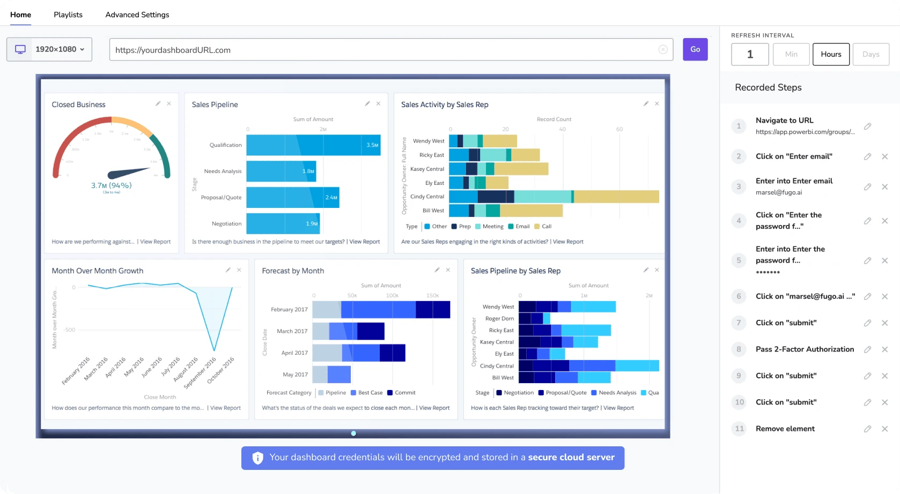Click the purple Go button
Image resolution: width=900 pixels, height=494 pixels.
click(x=695, y=49)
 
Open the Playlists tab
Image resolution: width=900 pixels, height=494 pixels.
click(x=68, y=14)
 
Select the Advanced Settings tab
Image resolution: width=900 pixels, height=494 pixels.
click(x=137, y=14)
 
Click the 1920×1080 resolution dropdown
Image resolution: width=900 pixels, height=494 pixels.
click(x=49, y=49)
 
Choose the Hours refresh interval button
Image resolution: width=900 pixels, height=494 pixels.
click(x=831, y=54)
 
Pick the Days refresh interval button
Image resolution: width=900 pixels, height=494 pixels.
click(x=871, y=54)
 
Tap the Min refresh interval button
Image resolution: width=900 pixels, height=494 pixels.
click(x=791, y=54)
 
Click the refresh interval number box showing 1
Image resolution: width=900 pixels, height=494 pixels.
click(x=750, y=54)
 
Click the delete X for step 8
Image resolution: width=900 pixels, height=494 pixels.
click(x=884, y=349)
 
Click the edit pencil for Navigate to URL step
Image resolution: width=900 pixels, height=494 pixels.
click(x=867, y=126)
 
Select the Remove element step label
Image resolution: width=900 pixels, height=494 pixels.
click(x=785, y=429)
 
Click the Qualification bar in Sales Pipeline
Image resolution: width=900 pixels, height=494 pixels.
click(x=313, y=145)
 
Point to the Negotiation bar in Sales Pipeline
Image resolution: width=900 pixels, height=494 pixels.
click(x=283, y=223)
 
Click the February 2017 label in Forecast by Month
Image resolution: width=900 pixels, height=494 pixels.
click(x=289, y=310)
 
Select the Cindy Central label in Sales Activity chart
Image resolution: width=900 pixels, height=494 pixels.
click(x=427, y=197)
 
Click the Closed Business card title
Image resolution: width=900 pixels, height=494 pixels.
click(x=78, y=104)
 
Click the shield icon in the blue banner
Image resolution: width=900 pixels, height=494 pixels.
click(x=258, y=458)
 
